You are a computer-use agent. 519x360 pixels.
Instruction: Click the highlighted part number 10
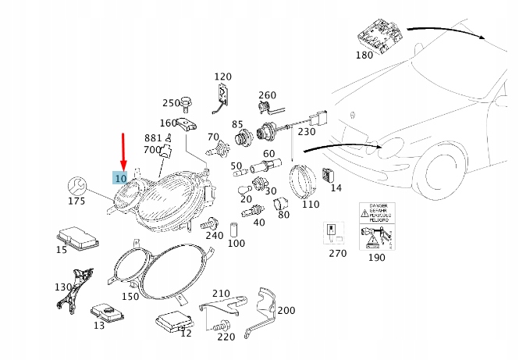click(120, 179)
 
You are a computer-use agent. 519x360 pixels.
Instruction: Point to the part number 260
click(267, 95)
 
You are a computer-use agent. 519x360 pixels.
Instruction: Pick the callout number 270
click(336, 254)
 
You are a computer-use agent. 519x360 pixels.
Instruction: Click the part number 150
click(130, 296)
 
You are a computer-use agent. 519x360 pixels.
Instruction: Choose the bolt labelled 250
click(187, 102)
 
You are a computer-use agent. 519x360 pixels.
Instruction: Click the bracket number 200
click(286, 310)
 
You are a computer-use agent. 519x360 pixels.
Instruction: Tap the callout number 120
click(222, 77)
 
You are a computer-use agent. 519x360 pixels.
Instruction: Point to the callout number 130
click(62, 287)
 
